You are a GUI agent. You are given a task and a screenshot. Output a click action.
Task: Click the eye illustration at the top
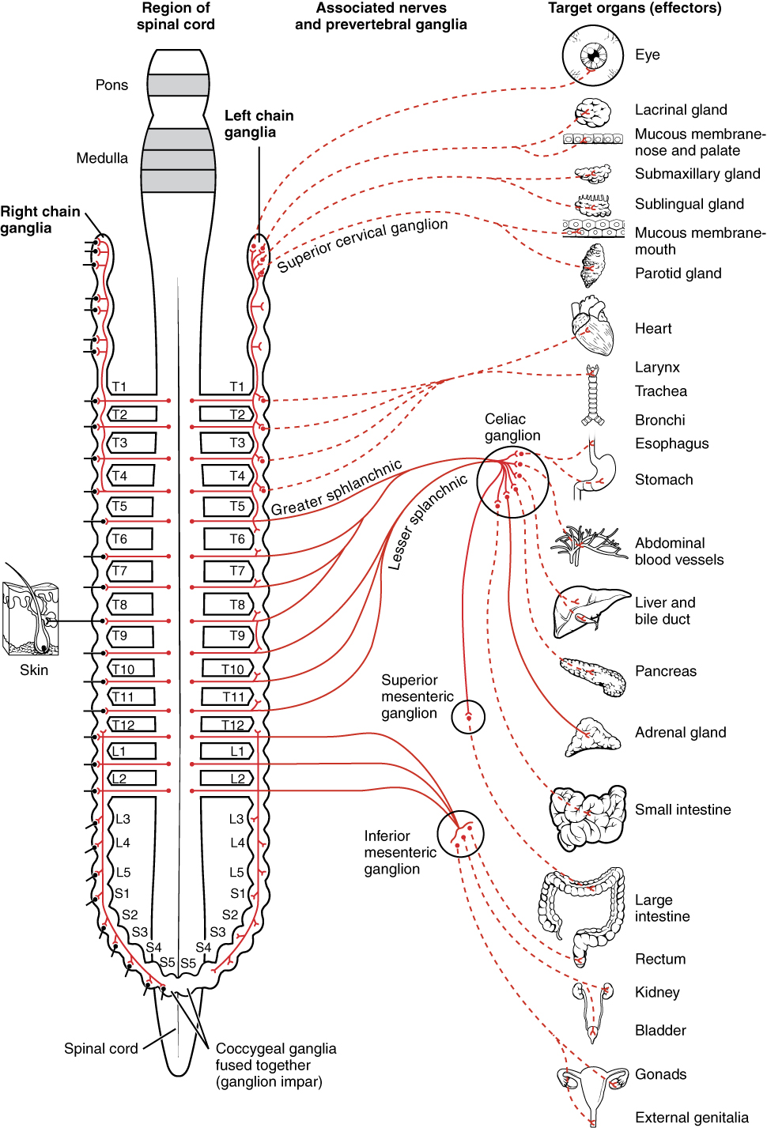click(593, 55)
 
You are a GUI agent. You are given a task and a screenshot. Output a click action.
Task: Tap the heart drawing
click(593, 326)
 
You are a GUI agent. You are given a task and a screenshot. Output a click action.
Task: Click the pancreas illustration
click(593, 676)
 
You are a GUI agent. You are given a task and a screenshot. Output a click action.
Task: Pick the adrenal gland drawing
click(592, 738)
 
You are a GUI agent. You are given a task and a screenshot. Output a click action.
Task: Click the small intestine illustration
click(587, 816)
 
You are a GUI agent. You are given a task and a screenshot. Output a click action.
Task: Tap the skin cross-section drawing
click(31, 618)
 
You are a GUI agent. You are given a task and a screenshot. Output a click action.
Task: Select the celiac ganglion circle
click(512, 482)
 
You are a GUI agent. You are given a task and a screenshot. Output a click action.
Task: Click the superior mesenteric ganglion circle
click(468, 717)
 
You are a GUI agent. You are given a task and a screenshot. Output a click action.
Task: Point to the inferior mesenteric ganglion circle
click(460, 834)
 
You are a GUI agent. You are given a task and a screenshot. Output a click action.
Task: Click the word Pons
click(111, 85)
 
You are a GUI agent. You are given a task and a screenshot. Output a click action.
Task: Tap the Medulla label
click(102, 158)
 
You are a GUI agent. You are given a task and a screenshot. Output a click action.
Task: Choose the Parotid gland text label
click(678, 274)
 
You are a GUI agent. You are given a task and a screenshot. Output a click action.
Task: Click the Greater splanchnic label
click(337, 487)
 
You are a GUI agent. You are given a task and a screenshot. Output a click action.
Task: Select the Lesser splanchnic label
click(427, 523)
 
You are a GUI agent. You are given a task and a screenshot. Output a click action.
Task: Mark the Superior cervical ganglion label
click(362, 244)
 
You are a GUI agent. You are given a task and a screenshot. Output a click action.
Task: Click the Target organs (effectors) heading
click(634, 9)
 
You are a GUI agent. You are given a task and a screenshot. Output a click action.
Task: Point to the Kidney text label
click(657, 992)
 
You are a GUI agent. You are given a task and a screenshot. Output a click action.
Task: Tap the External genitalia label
click(691, 1117)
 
